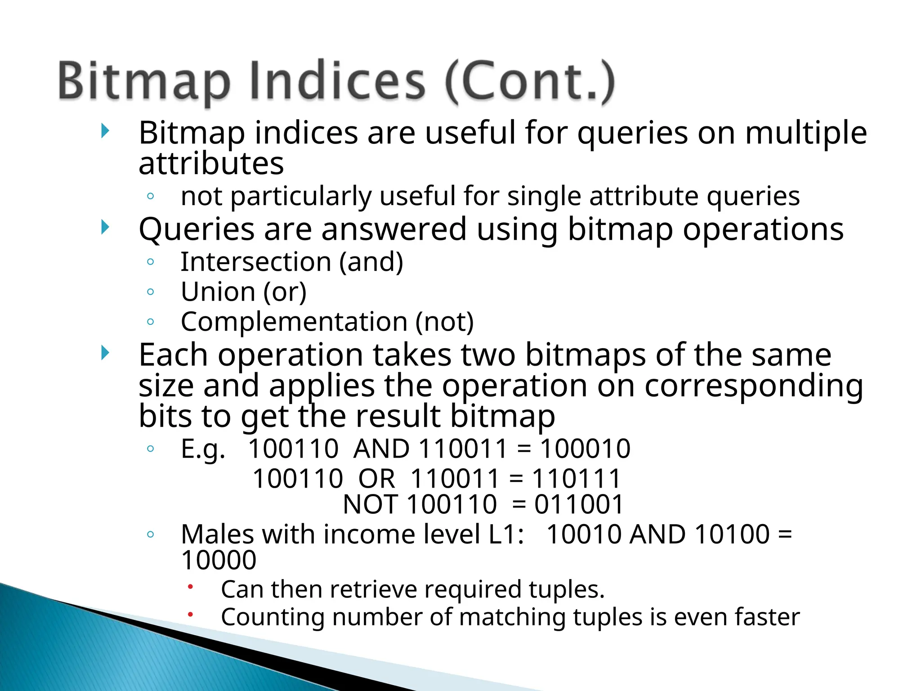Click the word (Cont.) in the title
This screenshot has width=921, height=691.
point(530,81)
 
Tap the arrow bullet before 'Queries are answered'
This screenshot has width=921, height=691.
point(105,227)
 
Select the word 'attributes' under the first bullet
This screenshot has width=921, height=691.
point(211,163)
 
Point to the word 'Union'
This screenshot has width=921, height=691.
point(218,292)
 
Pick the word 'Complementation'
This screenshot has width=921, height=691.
point(294,322)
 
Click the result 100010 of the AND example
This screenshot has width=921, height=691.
point(585,449)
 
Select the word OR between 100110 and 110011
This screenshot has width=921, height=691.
point(376,478)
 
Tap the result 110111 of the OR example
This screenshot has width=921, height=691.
point(577,478)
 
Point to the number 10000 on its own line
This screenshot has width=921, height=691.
point(219,561)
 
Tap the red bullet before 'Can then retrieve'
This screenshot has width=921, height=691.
point(191,587)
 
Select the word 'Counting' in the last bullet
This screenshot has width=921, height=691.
point(273,617)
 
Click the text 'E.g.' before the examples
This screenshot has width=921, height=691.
point(203,449)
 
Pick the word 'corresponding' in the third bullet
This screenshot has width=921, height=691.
point(754,386)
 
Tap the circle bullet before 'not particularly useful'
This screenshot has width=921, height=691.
point(151,196)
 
